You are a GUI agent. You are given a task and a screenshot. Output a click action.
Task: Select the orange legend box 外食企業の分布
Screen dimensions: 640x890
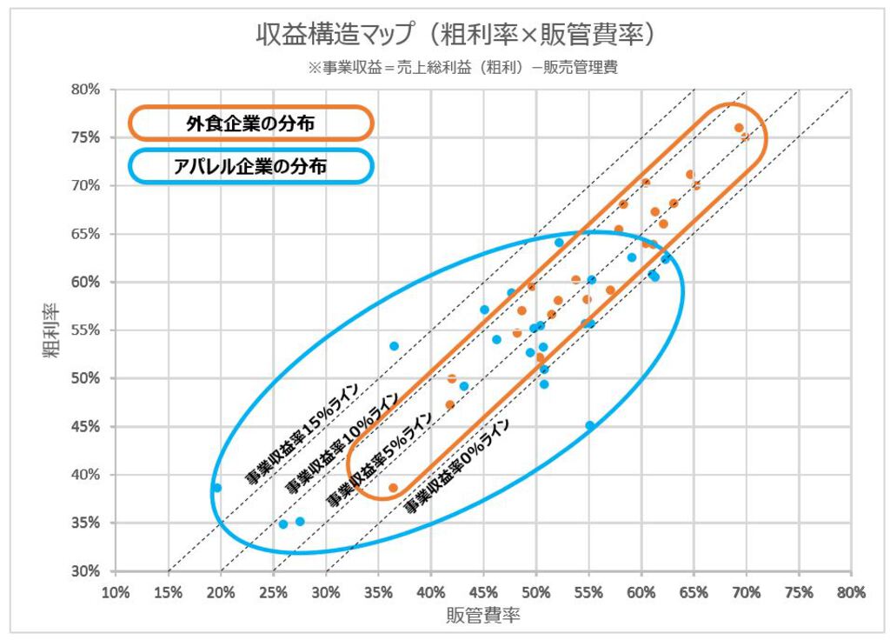click(x=250, y=123)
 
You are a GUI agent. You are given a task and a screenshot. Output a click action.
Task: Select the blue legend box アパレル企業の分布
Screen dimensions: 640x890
click(x=250, y=166)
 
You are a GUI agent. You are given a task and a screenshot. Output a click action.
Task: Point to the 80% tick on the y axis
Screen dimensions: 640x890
click(x=90, y=90)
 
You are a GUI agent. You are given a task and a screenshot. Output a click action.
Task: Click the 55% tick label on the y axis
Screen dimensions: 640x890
click(x=90, y=330)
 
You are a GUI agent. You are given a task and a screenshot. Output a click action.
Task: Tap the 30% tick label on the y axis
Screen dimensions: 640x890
click(x=90, y=571)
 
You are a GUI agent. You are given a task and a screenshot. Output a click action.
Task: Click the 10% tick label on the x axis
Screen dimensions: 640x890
click(x=116, y=592)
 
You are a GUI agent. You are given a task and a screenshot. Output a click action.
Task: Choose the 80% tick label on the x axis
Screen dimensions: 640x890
click(x=851, y=592)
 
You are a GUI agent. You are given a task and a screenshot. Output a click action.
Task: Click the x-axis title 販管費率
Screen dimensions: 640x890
click(x=483, y=616)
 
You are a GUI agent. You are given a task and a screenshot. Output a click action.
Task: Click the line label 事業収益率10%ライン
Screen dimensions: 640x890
click(x=342, y=443)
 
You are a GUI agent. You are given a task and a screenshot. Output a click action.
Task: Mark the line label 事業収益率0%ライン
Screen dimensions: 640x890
click(x=457, y=466)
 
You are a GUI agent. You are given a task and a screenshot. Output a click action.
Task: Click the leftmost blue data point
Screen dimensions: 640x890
click(x=216, y=488)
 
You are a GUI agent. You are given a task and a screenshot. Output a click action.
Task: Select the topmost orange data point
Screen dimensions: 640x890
click(x=739, y=128)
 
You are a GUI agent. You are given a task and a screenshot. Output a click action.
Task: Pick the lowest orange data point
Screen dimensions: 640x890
click(x=393, y=488)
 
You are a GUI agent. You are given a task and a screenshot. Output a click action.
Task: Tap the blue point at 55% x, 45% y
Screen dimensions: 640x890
click(x=590, y=425)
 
